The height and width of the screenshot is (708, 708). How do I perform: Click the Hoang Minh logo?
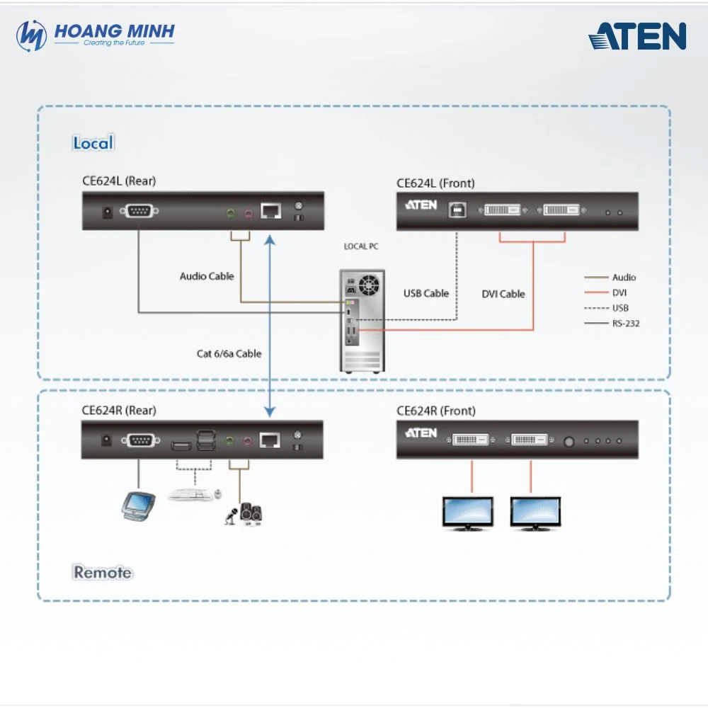pyautogui.click(x=95, y=35)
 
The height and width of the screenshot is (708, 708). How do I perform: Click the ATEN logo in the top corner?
pyautogui.click(x=637, y=36)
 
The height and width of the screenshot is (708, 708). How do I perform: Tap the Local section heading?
pyautogui.click(x=93, y=143)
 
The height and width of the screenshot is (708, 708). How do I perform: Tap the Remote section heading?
pyautogui.click(x=103, y=572)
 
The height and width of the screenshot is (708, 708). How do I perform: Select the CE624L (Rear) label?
pyautogui.click(x=118, y=181)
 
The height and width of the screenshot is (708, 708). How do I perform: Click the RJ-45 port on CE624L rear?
pyautogui.click(x=270, y=211)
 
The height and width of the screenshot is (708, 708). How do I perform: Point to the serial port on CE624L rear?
pyautogui.click(x=139, y=211)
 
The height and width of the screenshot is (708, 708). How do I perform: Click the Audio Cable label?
pyautogui.click(x=207, y=276)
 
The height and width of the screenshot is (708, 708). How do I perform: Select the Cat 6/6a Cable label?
pyautogui.click(x=229, y=353)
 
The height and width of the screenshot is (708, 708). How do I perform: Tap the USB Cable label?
pyautogui.click(x=426, y=293)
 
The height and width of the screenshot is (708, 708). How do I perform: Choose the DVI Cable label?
pyautogui.click(x=503, y=294)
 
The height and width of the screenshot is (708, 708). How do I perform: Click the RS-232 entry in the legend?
pyautogui.click(x=626, y=323)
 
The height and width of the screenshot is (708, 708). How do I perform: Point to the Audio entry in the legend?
pyautogui.click(x=624, y=278)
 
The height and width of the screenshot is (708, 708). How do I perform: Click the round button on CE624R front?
pyautogui.click(x=569, y=440)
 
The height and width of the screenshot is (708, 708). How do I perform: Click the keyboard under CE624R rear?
pyautogui.click(x=190, y=494)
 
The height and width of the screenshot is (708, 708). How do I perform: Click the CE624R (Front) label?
pyautogui.click(x=436, y=411)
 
